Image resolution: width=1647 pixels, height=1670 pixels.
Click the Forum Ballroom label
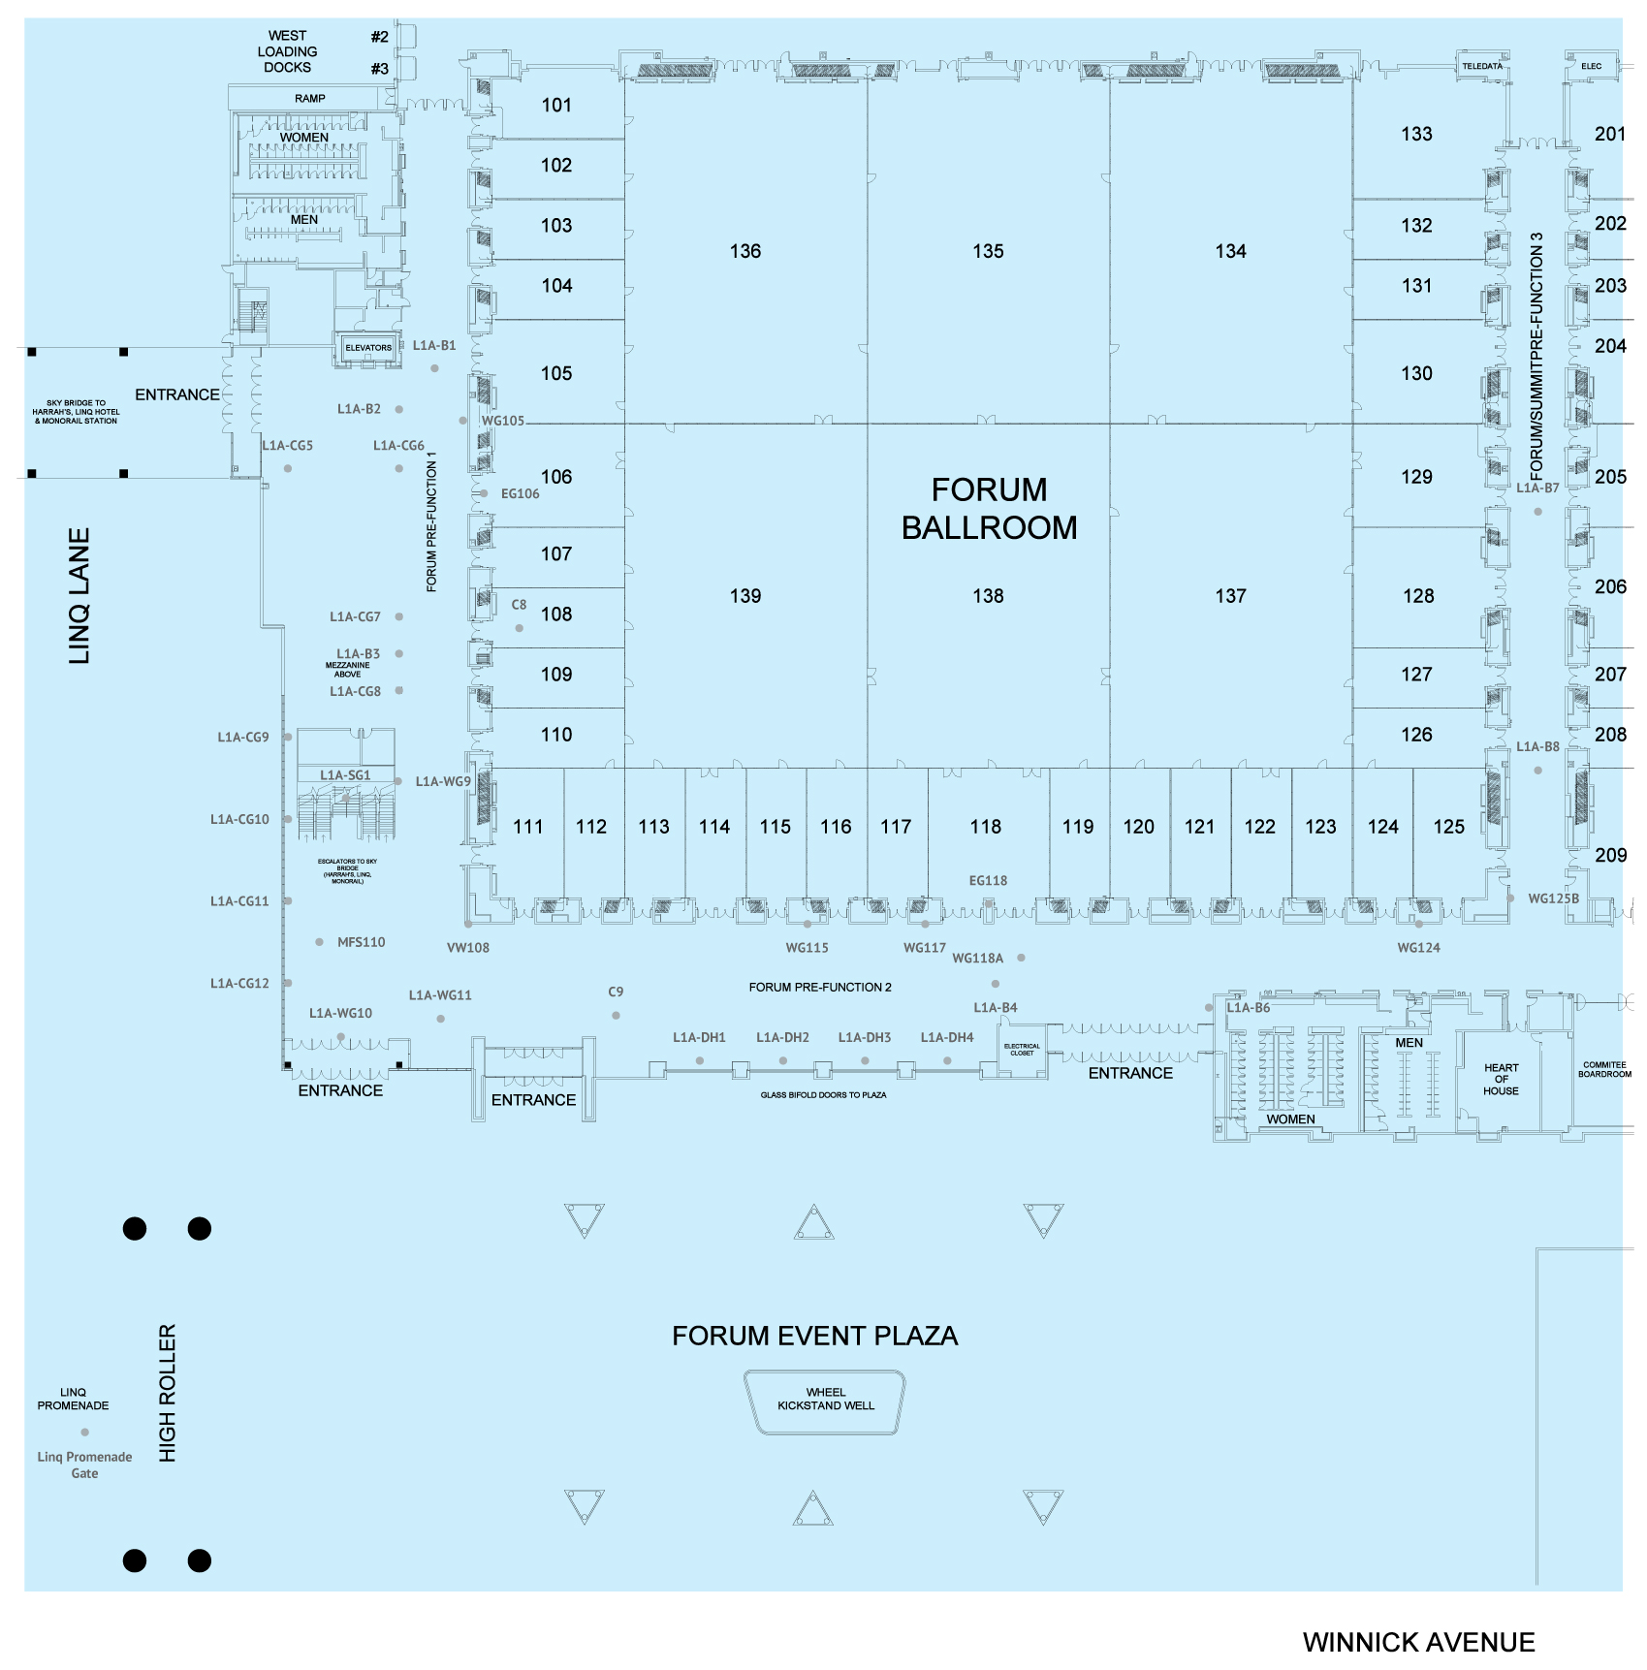(989, 509)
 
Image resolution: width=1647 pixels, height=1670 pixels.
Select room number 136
(744, 252)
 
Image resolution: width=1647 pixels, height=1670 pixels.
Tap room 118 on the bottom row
(985, 827)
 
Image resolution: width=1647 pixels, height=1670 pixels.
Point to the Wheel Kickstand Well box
(825, 1400)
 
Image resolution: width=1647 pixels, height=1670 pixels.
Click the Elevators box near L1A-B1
(368, 348)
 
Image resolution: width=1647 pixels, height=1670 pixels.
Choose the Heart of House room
(1501, 1080)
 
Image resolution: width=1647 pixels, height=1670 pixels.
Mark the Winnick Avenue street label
(1418, 1643)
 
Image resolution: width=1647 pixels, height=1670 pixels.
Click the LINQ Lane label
(79, 596)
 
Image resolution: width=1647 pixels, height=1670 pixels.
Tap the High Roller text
(168, 1393)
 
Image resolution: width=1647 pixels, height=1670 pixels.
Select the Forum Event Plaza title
(814, 1337)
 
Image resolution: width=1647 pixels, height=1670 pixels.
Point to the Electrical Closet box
(1022, 1050)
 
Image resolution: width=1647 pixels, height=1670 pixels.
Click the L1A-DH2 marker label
(782, 1038)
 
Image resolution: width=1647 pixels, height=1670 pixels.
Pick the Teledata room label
(1482, 67)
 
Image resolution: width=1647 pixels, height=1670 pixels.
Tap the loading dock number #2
(379, 37)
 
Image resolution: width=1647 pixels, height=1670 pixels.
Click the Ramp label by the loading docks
(310, 99)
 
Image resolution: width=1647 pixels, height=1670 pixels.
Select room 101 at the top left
(556, 106)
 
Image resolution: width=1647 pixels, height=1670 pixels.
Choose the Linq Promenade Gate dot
(85, 1432)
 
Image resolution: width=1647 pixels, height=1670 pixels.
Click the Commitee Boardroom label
(1604, 1069)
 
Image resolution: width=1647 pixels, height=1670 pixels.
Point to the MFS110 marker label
(361, 942)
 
